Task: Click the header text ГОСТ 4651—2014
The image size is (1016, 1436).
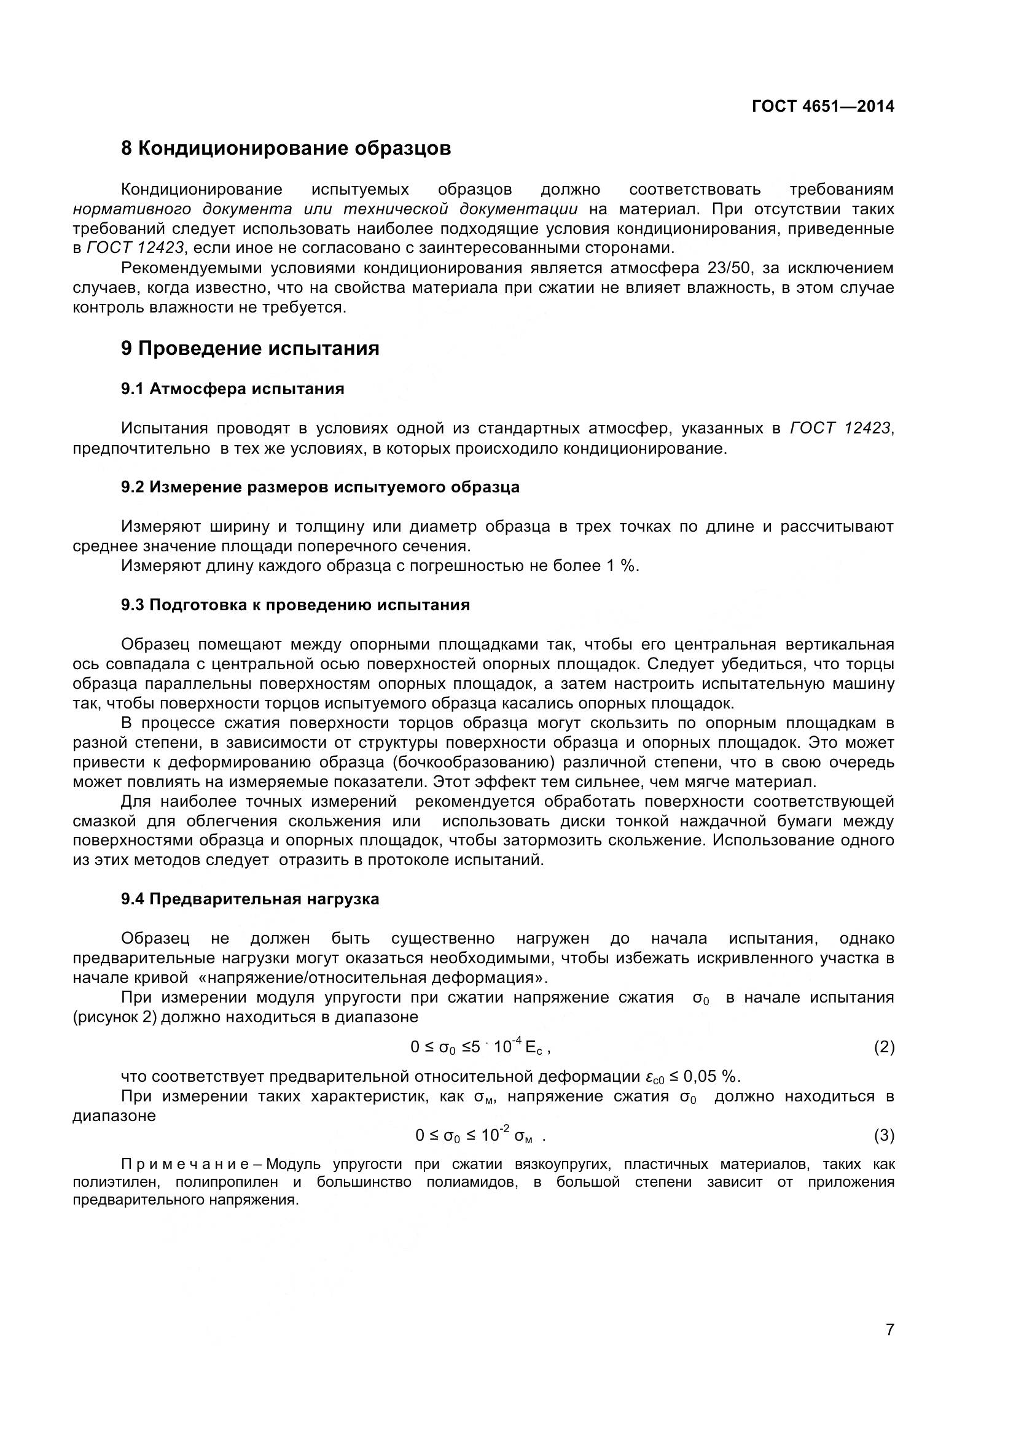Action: [x=823, y=106]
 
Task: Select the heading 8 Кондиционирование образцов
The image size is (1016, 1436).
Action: [x=286, y=149]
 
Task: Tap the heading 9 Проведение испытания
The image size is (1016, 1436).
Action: [x=250, y=348]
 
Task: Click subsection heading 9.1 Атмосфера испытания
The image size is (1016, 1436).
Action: [x=233, y=389]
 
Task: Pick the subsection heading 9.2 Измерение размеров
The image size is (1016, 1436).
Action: [x=320, y=487]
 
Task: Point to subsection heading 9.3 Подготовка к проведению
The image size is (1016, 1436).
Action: [x=295, y=605]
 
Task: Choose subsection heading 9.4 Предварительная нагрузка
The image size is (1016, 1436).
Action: [x=250, y=899]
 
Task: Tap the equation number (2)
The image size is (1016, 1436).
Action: [x=884, y=1047]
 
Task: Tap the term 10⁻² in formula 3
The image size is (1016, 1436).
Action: [x=496, y=1134]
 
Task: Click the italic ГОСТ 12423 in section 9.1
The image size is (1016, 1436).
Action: [x=841, y=429]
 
